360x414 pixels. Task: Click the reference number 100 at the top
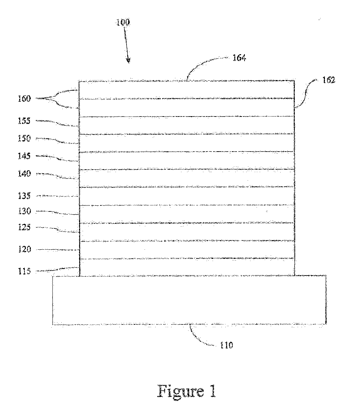click(123, 22)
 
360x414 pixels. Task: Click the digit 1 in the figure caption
click(213, 391)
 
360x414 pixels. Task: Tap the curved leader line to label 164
click(206, 63)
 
